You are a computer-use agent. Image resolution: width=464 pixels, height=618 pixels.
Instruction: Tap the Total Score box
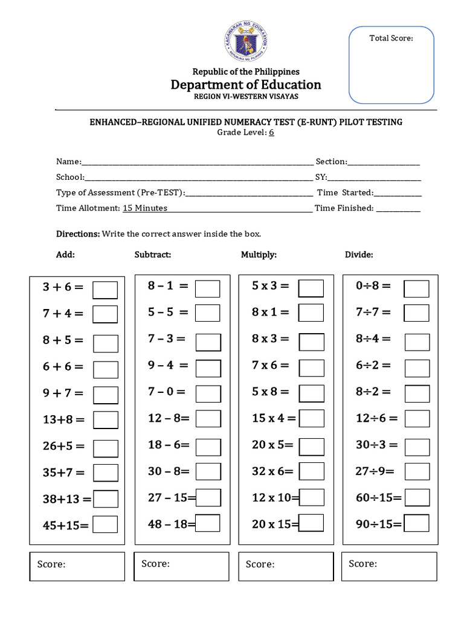point(391,65)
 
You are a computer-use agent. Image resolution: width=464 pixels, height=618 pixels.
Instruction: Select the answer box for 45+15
point(105,525)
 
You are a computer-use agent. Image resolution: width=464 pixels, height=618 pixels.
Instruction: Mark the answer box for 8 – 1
point(208,288)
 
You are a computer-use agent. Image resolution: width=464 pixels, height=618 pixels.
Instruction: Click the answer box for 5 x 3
point(311,288)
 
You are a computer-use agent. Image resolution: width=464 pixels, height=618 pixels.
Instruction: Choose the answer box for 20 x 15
point(311,524)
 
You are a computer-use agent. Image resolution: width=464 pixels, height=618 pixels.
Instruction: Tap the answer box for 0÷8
point(416,288)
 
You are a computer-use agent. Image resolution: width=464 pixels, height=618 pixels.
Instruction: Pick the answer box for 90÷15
point(416,524)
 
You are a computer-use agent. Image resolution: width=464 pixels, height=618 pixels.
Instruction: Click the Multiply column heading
point(259,255)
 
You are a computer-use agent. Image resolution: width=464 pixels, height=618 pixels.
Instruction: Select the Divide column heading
point(359,255)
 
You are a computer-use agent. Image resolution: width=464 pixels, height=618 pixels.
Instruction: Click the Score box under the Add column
point(77,566)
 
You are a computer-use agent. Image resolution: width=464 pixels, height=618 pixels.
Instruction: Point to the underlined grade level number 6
point(272,133)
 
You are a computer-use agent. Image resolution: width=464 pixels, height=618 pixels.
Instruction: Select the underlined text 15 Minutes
point(145,208)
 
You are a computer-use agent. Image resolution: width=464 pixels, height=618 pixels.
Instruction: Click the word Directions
point(78,234)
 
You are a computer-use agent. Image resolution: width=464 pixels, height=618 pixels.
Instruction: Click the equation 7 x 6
point(270,365)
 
